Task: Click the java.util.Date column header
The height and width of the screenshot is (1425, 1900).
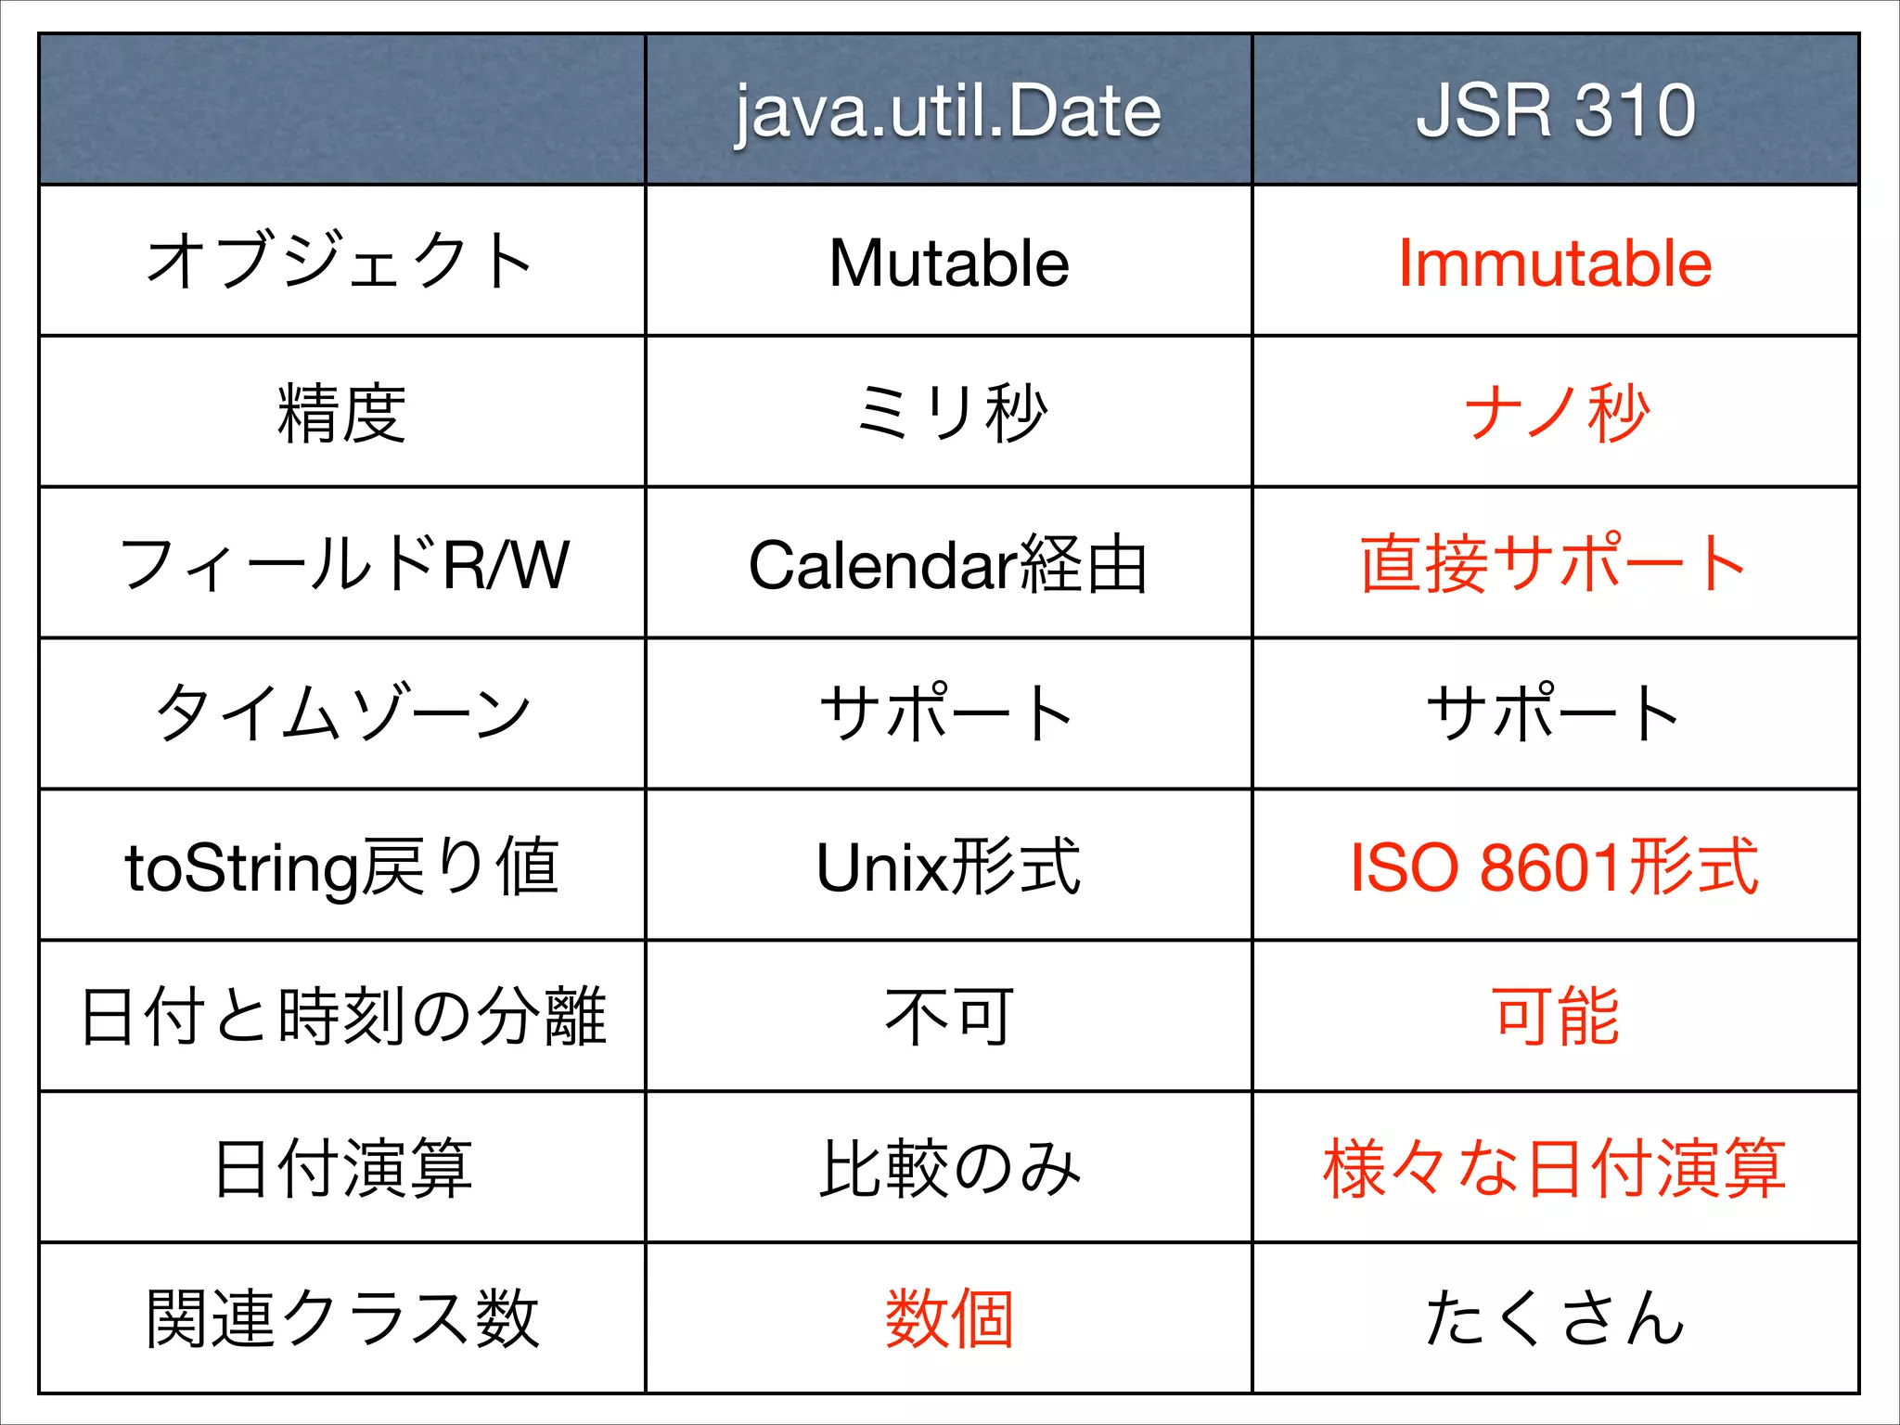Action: [x=948, y=111]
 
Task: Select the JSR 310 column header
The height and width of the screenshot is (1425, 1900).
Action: [x=1556, y=111]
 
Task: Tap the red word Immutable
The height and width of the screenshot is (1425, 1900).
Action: [x=1555, y=263]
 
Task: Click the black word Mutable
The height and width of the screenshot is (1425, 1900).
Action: [x=948, y=263]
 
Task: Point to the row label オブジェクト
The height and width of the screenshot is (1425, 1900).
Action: [x=341, y=261]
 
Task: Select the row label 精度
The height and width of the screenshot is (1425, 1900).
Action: [x=341, y=413]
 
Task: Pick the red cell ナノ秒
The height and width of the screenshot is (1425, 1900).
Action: [x=1556, y=413]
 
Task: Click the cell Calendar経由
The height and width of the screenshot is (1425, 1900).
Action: [x=948, y=564]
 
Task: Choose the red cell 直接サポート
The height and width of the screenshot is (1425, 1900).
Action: [x=1554, y=563]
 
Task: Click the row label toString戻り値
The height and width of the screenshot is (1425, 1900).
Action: [x=341, y=867]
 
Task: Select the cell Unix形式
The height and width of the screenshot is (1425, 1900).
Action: [x=948, y=867]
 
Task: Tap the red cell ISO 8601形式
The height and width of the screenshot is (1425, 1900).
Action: [x=1554, y=867]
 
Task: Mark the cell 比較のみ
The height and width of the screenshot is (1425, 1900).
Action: [x=948, y=1168]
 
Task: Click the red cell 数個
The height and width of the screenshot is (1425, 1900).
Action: [x=948, y=1318]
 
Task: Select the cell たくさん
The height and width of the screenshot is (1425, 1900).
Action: [x=1554, y=1318]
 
